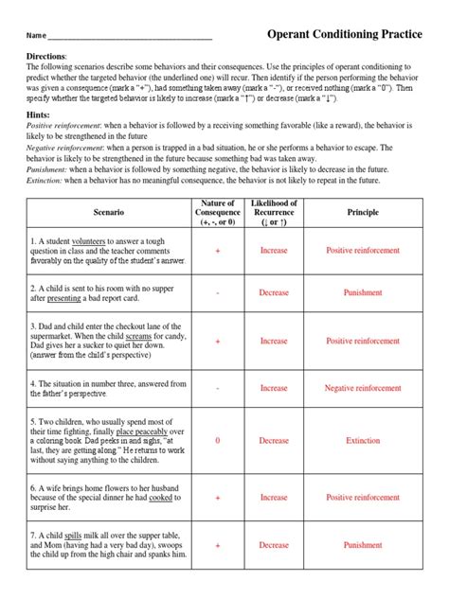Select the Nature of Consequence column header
point(218,214)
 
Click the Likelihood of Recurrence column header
point(274,214)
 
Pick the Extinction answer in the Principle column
point(363,440)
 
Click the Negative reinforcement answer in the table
point(363,388)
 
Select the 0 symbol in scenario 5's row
point(218,440)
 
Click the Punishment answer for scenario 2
point(363,292)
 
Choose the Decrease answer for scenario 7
point(274,545)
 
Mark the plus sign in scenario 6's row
point(218,497)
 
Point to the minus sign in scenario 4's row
point(218,388)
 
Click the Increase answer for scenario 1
point(274,251)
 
